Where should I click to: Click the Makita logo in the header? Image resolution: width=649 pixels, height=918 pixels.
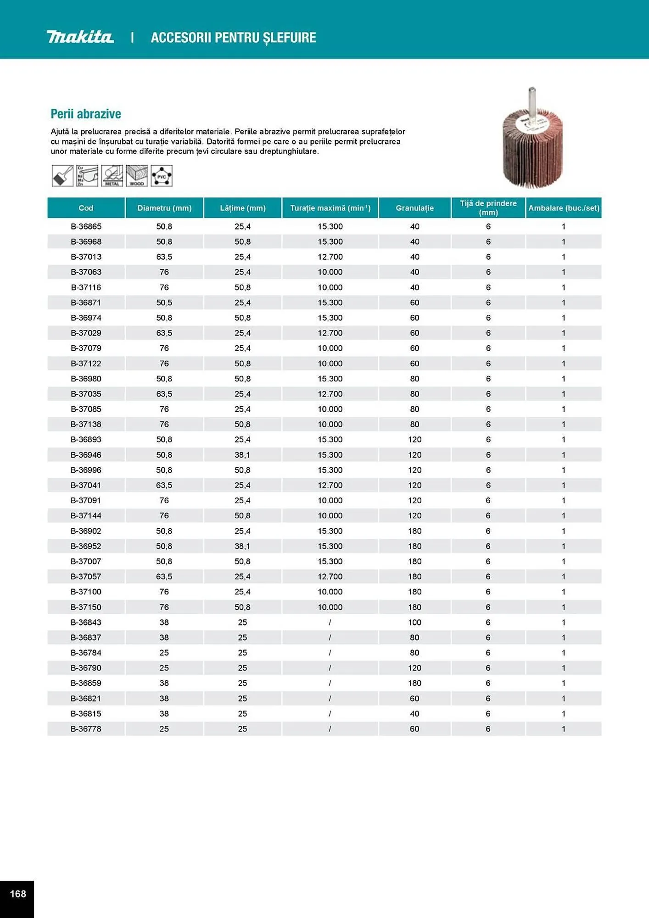point(80,37)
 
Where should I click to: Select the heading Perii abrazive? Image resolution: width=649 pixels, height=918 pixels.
point(86,114)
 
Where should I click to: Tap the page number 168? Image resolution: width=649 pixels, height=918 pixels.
point(18,894)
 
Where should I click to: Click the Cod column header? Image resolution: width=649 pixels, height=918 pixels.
point(86,208)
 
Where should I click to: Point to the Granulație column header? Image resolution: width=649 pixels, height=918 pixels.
point(414,208)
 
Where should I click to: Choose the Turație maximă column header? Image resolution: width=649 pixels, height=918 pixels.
point(330,208)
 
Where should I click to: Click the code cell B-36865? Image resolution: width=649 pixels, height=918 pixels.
point(86,226)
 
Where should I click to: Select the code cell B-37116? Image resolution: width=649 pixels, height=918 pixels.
point(86,287)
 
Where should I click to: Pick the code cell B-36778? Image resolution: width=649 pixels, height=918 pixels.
point(86,729)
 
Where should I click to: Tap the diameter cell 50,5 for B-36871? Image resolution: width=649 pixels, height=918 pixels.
point(164,302)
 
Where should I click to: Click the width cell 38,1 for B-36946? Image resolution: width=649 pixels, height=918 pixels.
point(242,455)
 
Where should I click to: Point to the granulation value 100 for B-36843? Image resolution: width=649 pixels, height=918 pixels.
point(414,622)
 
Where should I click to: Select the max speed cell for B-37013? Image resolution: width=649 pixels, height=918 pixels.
point(330,257)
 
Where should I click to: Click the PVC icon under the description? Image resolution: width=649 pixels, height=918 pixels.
point(162,176)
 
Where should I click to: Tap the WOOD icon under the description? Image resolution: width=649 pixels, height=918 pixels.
point(137,176)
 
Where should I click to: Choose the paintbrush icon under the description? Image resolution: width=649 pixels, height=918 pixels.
point(62,176)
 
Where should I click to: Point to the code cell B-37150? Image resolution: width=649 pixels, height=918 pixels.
point(86,607)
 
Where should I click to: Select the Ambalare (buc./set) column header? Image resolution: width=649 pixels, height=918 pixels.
point(564,208)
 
